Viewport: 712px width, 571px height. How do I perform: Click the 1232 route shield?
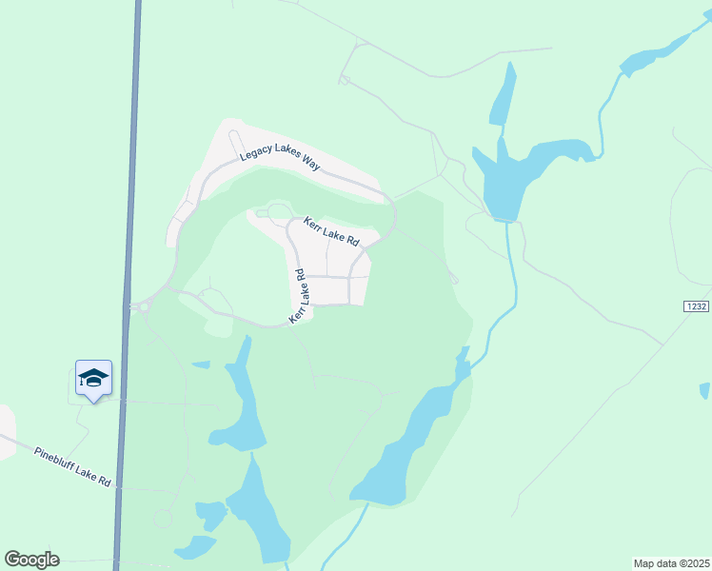coord(697,305)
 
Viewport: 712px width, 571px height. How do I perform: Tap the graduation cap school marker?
coord(93,379)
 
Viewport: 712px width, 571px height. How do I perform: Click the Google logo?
coord(31,560)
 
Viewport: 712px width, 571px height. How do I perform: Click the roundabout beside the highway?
coord(145,307)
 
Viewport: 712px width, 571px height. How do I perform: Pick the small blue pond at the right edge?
coord(704,390)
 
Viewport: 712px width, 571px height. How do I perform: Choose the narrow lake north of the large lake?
coord(501,95)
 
